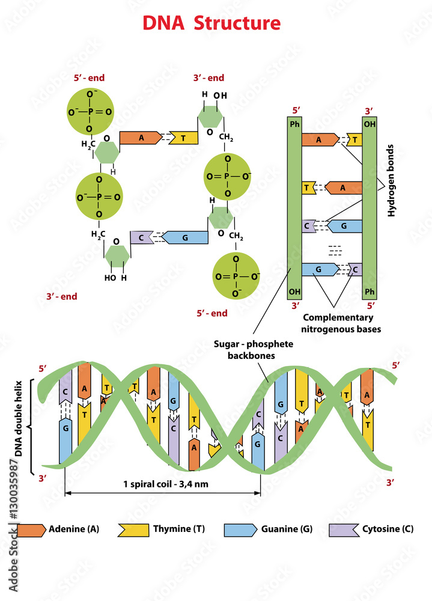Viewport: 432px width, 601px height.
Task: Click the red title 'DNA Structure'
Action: coord(211,23)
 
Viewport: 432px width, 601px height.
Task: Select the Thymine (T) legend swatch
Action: coord(133,529)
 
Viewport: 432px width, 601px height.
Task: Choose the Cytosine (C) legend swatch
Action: coord(343,529)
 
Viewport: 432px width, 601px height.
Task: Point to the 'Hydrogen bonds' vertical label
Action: coord(391,180)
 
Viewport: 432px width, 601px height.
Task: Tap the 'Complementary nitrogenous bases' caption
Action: coord(338,323)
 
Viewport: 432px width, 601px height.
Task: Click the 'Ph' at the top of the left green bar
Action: coord(294,124)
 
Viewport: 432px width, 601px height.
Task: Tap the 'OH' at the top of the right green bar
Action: coord(369,124)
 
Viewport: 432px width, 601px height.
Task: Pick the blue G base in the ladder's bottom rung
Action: coord(318,270)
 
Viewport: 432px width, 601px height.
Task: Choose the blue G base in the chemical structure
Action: coord(185,237)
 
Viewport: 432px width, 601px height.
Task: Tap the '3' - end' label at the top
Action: coord(208,78)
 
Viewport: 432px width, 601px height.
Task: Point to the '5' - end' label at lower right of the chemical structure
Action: coord(212,313)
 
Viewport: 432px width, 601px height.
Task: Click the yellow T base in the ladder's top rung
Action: coord(355,140)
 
